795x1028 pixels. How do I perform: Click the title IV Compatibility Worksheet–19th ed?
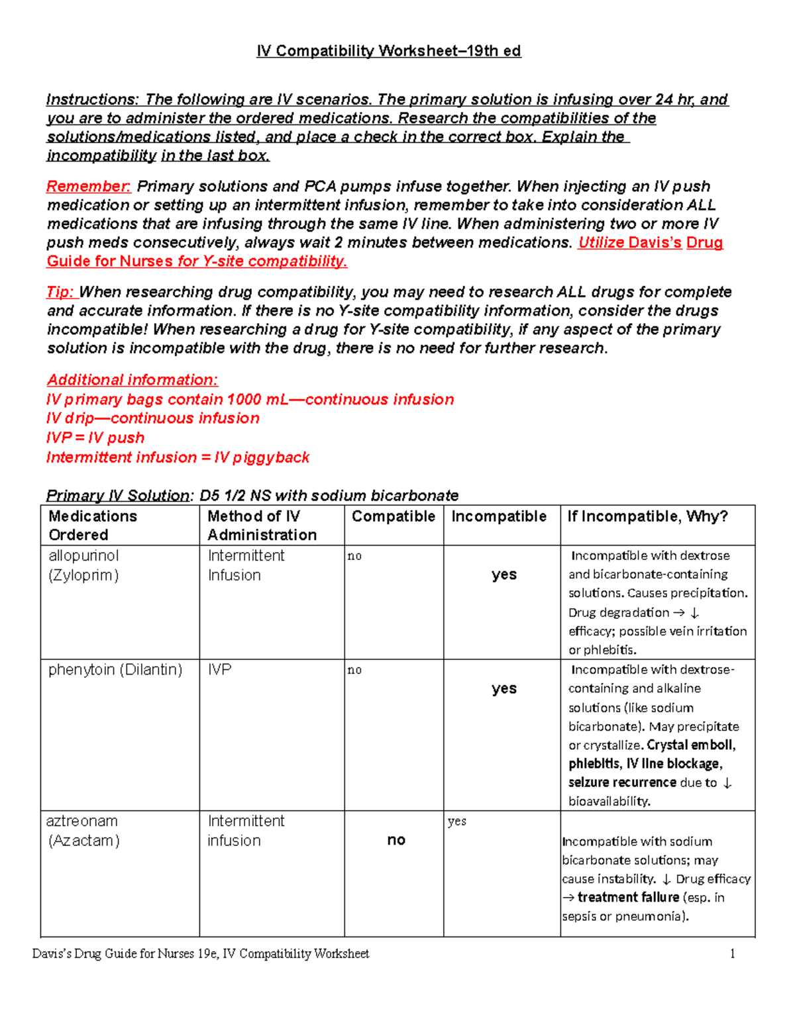tap(389, 51)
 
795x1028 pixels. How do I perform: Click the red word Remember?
tap(89, 186)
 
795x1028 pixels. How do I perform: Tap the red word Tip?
tap(62, 292)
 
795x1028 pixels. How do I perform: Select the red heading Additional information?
tap(132, 380)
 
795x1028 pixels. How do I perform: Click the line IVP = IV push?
tap(95, 438)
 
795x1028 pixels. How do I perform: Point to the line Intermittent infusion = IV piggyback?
tap(178, 457)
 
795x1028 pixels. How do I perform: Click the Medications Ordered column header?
tap(93, 525)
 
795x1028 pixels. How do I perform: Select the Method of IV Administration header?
tap(262, 525)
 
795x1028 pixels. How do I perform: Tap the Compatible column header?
tap(394, 516)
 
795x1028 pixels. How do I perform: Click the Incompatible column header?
tap(499, 516)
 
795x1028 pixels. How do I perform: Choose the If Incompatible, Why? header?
tap(647, 516)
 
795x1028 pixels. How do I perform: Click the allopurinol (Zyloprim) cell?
tap(83, 565)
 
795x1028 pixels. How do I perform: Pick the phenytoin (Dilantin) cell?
tap(115, 669)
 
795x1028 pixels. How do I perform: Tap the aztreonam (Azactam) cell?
tap(83, 831)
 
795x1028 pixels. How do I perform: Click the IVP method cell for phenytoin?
tap(220, 669)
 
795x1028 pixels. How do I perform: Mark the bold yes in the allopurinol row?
tap(503, 575)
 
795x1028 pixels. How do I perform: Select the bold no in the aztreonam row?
tap(396, 840)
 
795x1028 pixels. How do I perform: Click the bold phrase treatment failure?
tap(628, 898)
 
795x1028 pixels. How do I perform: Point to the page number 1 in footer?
tap(733, 954)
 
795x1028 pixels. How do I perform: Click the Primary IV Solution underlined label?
tap(118, 495)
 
